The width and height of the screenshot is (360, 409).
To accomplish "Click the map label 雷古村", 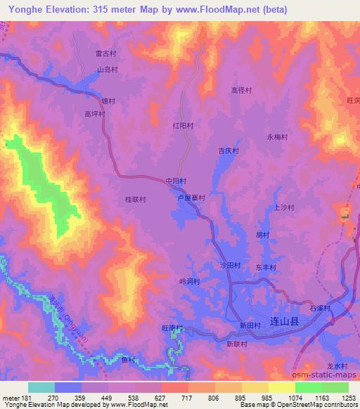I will pos(105,53).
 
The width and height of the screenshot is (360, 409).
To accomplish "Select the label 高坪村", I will pos(94,113).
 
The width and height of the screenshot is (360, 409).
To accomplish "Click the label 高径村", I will pos(241,90).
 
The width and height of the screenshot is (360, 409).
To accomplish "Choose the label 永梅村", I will pos(277,138).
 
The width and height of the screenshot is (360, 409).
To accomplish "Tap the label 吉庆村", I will pos(229,151).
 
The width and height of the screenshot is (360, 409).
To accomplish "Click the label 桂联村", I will pos(135,199).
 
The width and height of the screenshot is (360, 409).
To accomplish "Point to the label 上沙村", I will pos(282,207).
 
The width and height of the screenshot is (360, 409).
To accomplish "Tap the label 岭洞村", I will pos(189,282).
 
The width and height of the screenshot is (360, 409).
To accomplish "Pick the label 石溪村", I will pos(320,308).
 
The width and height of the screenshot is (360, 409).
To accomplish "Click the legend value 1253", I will pos(349,398).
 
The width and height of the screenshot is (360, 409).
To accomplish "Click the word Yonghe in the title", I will pos(18,8).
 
